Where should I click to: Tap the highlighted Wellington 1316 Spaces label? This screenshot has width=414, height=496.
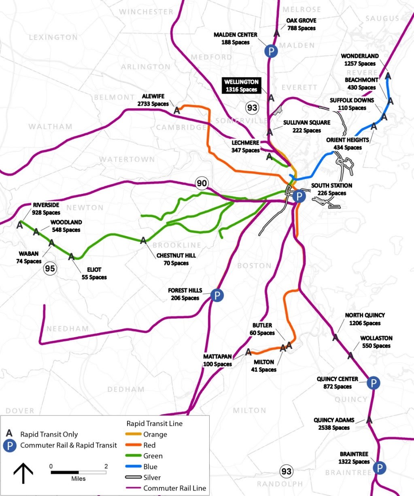241,86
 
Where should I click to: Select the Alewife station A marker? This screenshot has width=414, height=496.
177,110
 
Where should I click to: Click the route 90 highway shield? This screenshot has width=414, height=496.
202,183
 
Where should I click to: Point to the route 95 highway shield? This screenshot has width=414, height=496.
50,268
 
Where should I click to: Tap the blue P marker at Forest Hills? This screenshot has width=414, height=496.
217,295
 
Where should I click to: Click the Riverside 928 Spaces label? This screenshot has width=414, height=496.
46,209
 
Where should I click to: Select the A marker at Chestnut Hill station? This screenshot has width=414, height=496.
143,241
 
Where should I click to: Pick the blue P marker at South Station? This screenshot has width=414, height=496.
299,196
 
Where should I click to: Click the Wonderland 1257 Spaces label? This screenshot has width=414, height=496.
360,60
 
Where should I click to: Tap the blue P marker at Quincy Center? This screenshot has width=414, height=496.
373,383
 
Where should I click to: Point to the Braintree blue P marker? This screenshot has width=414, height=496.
379,468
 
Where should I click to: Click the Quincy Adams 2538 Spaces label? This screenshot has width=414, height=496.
334,424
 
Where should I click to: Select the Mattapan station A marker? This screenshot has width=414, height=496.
248,352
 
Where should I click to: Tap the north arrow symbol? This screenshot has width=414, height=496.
23,473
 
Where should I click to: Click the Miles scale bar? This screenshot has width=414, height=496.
79,472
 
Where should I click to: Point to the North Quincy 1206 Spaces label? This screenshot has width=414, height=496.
365,319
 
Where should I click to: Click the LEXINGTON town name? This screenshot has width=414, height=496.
53,38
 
